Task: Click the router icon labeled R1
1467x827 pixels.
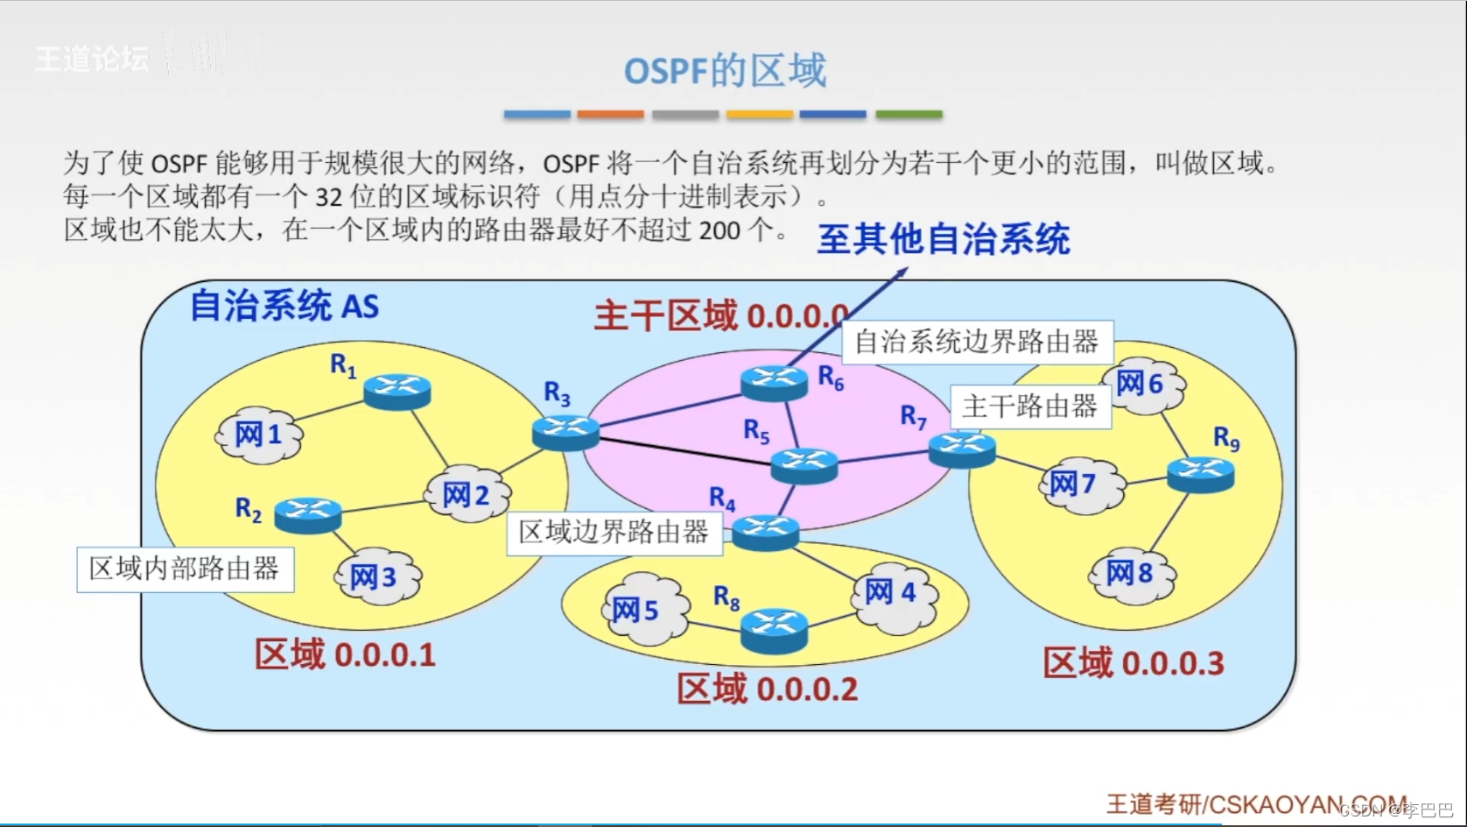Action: coord(397,391)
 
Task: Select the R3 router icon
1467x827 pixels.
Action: coord(565,433)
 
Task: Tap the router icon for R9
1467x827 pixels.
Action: coord(1201,474)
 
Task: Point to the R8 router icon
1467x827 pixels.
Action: coord(774,630)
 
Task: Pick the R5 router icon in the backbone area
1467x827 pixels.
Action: coord(804,464)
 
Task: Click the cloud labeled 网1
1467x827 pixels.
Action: coord(259,434)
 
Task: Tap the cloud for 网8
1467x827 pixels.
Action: coord(1131,575)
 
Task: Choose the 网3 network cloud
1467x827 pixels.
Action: coord(376,576)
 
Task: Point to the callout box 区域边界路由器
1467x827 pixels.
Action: coord(614,533)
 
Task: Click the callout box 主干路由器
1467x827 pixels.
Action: coord(1030,406)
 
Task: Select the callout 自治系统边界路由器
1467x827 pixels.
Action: coord(977,343)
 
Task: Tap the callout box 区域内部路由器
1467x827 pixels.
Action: coord(185,569)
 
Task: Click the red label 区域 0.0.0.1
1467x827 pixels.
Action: coord(345,654)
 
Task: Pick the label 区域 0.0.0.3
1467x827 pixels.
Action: coord(1134,663)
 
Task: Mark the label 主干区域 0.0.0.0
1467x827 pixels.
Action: coord(720,315)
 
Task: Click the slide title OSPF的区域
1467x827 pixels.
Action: coord(725,70)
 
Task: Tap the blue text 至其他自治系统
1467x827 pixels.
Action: coord(944,239)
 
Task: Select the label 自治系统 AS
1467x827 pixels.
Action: coord(284,306)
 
